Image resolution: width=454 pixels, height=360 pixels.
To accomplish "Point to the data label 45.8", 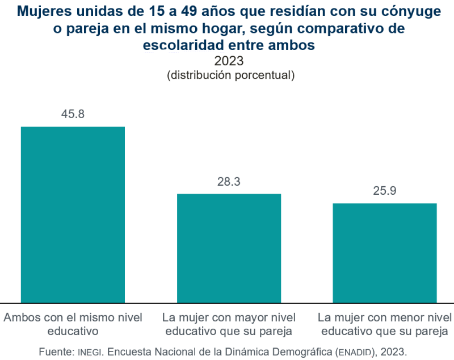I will [x=73, y=114].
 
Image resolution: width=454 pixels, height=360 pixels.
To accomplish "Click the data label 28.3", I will [x=229, y=182].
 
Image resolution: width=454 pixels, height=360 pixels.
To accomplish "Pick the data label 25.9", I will [x=384, y=191].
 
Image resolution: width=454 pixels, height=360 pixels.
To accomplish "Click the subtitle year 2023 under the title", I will [x=229, y=61].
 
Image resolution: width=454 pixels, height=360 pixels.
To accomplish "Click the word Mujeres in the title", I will [x=42, y=11].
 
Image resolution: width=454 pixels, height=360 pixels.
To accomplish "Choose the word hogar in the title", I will [x=239, y=28].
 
